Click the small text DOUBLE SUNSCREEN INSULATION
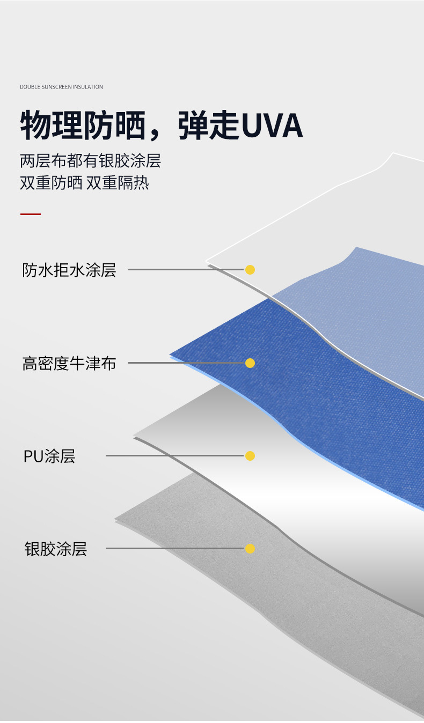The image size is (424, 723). pos(61,87)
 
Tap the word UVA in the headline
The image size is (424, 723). pos(273,126)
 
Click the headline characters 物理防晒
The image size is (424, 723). pos(83,126)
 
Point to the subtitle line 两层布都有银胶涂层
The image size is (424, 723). pos(90,160)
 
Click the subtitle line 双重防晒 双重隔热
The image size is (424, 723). pos(84,183)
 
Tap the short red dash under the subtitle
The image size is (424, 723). pos(31,215)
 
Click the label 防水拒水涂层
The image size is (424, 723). pos(69,270)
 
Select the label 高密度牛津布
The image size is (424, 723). pos(69,363)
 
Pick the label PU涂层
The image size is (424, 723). pos(49,456)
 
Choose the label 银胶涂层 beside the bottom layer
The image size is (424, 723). pos(55,549)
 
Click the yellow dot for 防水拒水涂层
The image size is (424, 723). pos(250,269)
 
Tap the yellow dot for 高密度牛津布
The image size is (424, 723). pos(250,363)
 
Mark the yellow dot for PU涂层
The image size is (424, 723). pos(250,456)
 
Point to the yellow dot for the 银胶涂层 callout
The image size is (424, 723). pos(250,549)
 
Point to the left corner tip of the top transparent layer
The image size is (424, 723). pos(207,261)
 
